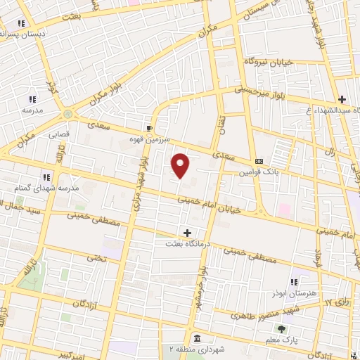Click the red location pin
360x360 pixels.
pos(181,165)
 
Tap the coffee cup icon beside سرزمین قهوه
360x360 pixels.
pos(149,128)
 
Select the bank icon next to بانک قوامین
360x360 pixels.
pos(259,161)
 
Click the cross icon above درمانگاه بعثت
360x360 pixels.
pos(187,232)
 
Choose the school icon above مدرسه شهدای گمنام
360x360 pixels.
pos(46,177)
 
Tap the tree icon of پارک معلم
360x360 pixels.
pos(282,328)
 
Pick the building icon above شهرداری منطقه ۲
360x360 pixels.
pos(195,338)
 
